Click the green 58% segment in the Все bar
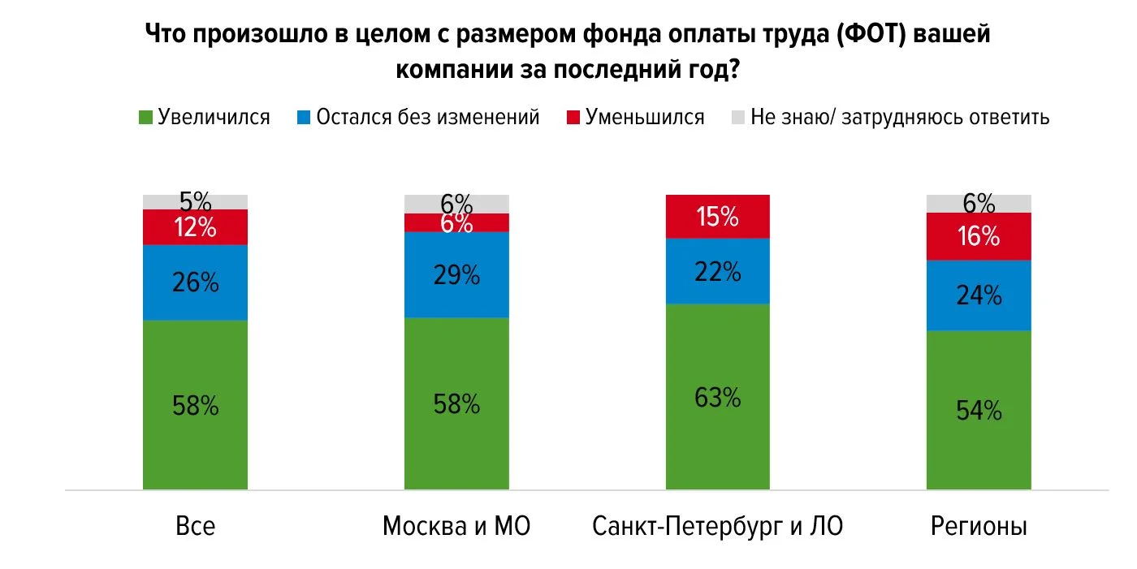click(195, 405)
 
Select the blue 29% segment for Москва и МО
click(456, 274)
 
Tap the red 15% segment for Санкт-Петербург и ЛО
click(718, 217)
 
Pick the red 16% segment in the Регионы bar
click(979, 236)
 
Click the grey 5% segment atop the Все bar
click(195, 201)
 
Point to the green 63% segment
click(718, 397)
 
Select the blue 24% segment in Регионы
click(979, 295)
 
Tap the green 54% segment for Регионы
click(979, 410)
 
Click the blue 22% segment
click(718, 271)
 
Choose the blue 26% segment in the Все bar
click(195, 282)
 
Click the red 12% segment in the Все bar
click(195, 227)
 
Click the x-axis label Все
click(195, 527)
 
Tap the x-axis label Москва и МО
click(456, 527)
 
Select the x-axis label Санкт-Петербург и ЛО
click(718, 527)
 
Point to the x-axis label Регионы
click(979, 527)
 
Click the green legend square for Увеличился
click(145, 117)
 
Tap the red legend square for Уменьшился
click(573, 117)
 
